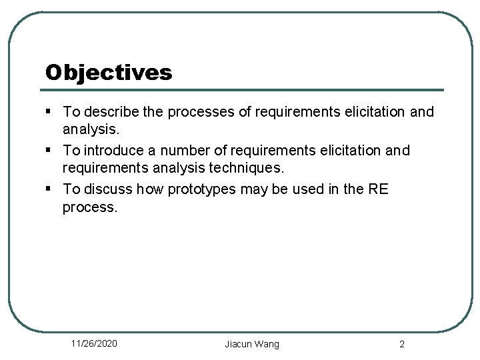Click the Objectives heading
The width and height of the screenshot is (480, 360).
109,72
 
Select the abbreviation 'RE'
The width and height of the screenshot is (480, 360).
378,189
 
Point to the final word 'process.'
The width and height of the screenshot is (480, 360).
90,207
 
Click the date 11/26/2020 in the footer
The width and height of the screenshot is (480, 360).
94,343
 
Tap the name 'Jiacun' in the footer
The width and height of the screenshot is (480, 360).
238,344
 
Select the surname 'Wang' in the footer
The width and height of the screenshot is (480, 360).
267,344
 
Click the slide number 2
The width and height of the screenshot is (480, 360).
401,344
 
